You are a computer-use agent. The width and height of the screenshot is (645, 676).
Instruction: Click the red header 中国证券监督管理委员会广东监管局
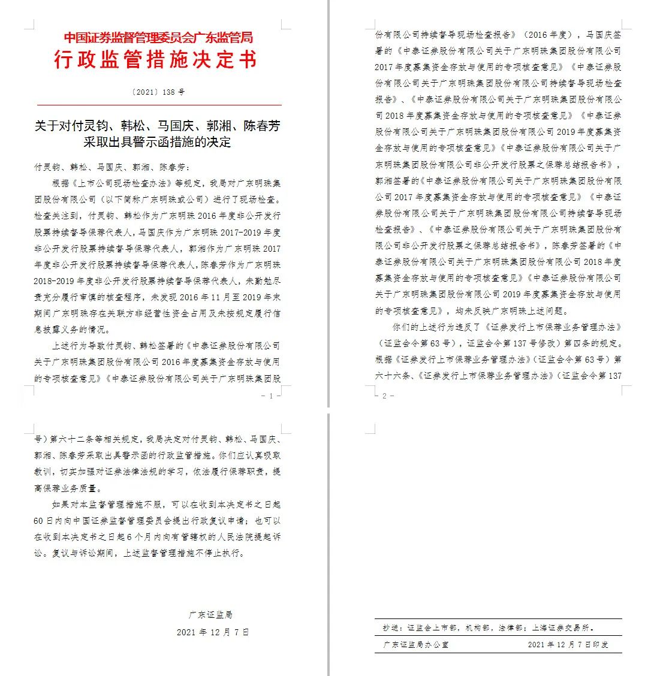(158, 38)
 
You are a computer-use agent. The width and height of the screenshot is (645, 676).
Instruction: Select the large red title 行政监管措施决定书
(155, 60)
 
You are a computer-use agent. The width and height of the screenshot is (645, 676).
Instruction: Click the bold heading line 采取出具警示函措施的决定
(157, 142)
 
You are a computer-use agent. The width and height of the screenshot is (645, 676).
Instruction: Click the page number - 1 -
(267, 396)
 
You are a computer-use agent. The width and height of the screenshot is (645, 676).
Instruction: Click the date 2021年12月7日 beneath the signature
(212, 632)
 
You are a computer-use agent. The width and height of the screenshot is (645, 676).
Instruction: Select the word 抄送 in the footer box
(390, 628)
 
